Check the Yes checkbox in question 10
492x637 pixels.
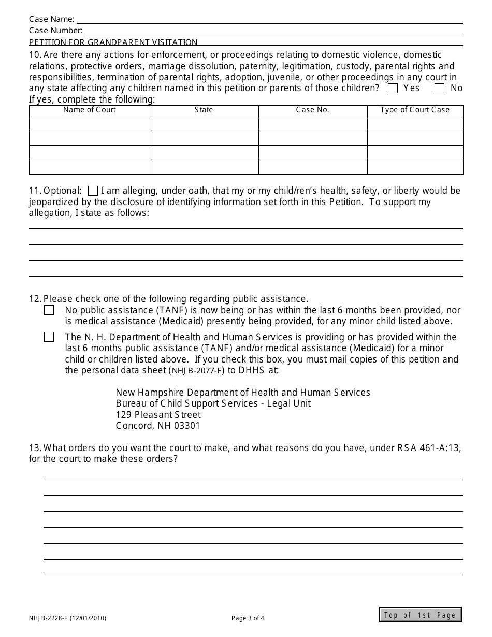pyautogui.click(x=393, y=89)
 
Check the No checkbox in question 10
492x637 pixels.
pyautogui.click(x=440, y=89)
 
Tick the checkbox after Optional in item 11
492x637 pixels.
pyautogui.click(x=93, y=191)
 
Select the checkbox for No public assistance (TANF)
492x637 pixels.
pyautogui.click(x=49, y=310)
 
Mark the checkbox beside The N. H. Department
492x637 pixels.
pyautogui.click(x=49, y=337)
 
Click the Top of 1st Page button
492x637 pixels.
pyautogui.click(x=420, y=615)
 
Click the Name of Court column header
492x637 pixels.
pyautogui.click(x=90, y=110)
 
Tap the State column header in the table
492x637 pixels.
pyautogui.click(x=204, y=110)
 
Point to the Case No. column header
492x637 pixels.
pyautogui.click(x=312, y=110)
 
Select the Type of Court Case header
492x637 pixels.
pyautogui.click(x=415, y=110)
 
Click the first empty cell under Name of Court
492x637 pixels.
pyautogui.click(x=90, y=124)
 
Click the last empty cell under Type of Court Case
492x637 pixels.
pyautogui.click(x=415, y=167)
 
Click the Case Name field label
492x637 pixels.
pyautogui.click(x=51, y=19)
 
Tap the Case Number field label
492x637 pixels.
pyautogui.click(x=55, y=31)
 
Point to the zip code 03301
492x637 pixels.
pyautogui.click(x=187, y=426)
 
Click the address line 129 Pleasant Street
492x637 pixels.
pyautogui.click(x=158, y=415)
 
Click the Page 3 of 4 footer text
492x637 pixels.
pyautogui.click(x=248, y=618)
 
